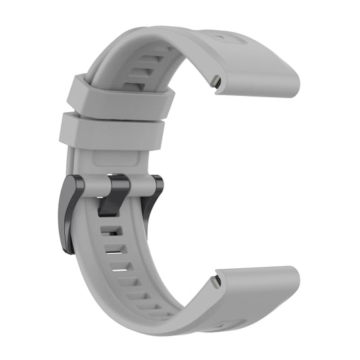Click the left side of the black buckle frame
click(x=69, y=213)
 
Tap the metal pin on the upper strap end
click(x=214, y=82)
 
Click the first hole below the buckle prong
click(x=107, y=230)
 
